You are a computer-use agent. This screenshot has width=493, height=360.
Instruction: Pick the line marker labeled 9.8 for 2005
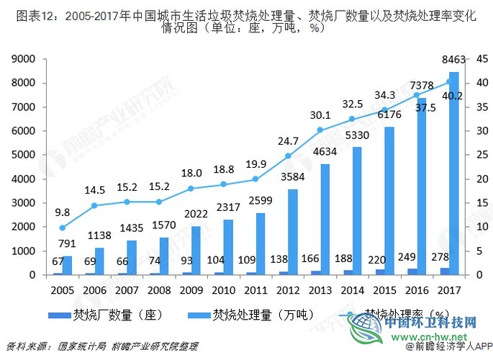[x=62, y=228]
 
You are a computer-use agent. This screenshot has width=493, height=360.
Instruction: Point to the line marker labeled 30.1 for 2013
[x=320, y=130]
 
